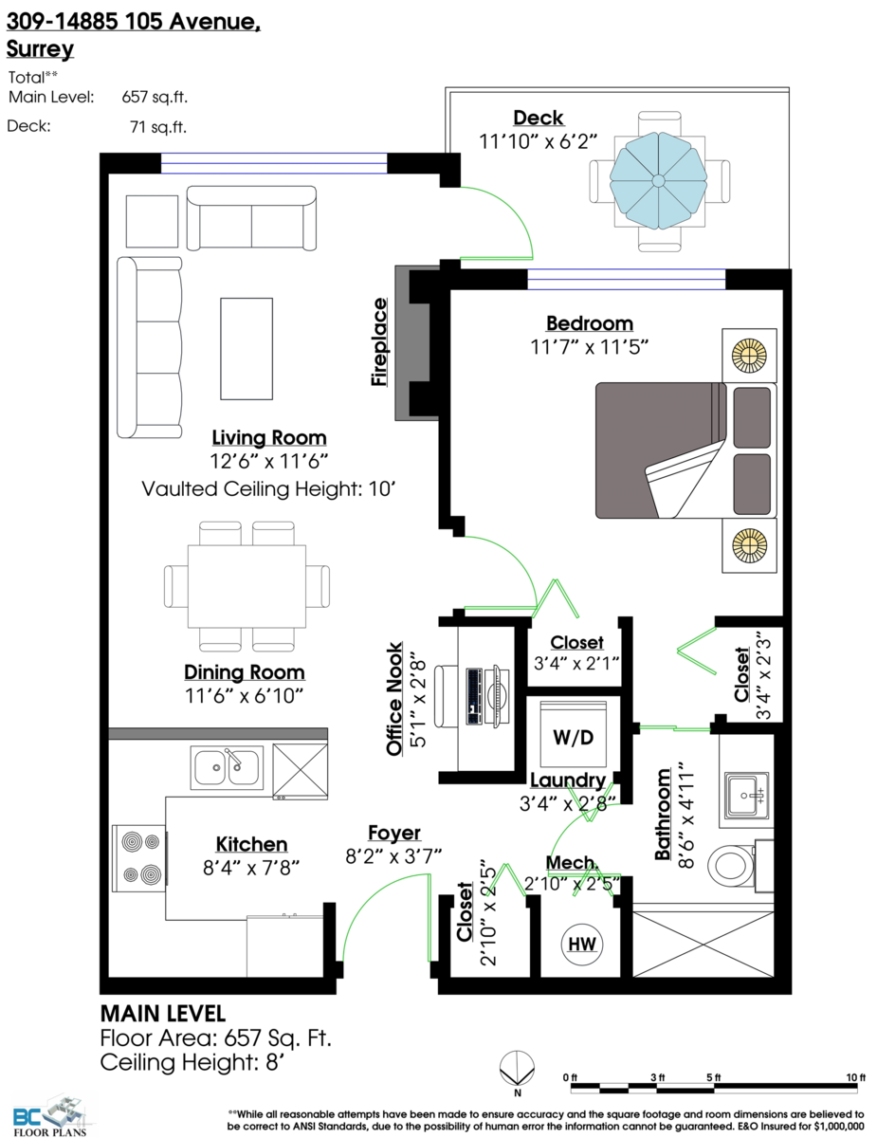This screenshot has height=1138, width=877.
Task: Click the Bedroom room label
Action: tap(590, 323)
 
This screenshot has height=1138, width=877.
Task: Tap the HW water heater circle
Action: tap(582, 945)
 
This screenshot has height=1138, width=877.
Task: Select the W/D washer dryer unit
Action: tap(573, 736)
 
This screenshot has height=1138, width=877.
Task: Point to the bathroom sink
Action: tap(746, 796)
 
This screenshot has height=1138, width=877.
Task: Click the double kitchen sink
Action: tap(227, 767)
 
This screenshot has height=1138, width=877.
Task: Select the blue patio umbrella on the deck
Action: tap(658, 181)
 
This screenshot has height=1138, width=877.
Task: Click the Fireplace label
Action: tap(379, 342)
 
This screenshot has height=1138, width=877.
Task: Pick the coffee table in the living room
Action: tap(247, 349)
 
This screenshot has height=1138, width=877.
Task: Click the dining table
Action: tap(247, 586)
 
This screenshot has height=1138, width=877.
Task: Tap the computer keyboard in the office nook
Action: tap(474, 696)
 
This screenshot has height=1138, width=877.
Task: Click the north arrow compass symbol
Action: tap(517, 1069)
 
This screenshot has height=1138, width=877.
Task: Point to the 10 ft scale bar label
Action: tap(855, 1076)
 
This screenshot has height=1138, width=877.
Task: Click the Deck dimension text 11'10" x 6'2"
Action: tap(539, 141)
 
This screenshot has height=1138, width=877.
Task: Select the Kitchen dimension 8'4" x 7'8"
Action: tap(251, 869)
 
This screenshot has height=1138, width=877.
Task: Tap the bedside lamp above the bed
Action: tap(749, 356)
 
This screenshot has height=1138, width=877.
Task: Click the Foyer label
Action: tap(394, 833)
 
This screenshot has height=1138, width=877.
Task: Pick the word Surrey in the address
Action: tap(40, 48)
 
